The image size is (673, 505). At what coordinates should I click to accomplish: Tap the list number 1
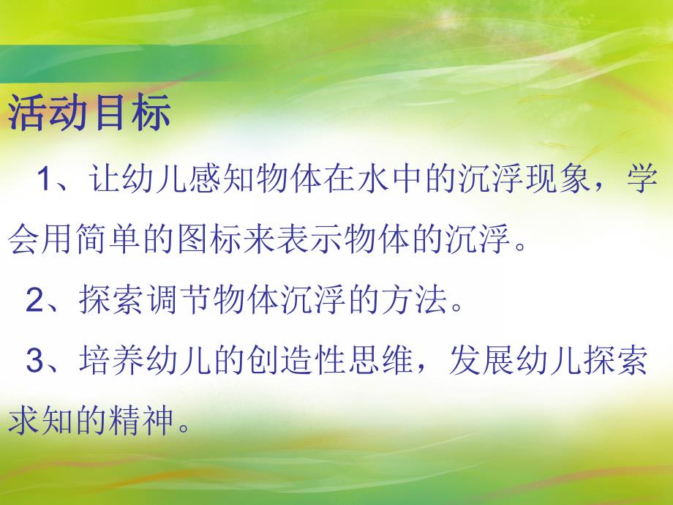45,180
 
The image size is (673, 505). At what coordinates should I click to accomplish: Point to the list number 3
34,362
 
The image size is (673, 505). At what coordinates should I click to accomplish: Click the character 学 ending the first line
641,179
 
